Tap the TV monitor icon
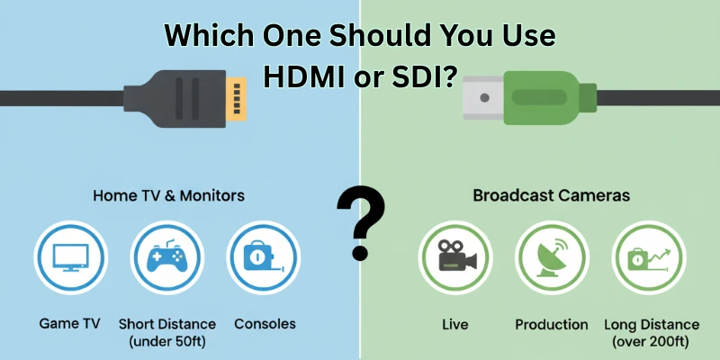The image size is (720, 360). click(69, 256)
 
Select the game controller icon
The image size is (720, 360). click(166, 256)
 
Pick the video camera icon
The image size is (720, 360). click(454, 256)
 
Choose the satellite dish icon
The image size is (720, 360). click(551, 256)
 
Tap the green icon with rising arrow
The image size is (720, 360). click(649, 256)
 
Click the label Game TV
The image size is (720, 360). click(70, 323)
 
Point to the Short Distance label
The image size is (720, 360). click(167, 324)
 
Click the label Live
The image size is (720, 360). click(455, 324)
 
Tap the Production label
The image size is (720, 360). click(552, 324)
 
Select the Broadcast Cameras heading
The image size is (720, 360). click(551, 194)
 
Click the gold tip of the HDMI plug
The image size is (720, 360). click(238, 96)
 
